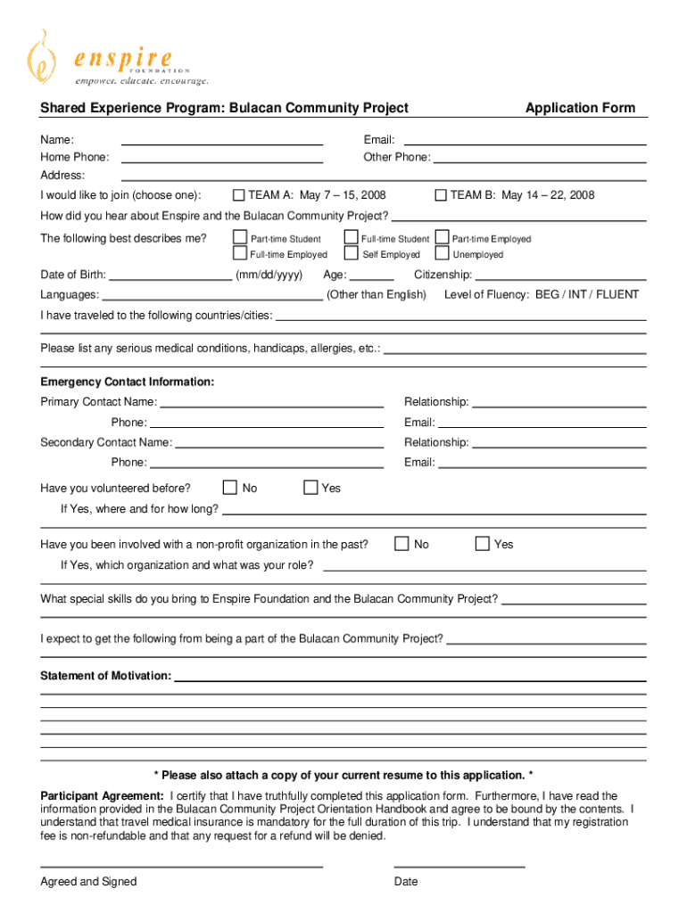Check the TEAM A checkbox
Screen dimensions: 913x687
click(x=239, y=195)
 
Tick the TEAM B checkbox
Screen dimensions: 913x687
click(x=441, y=195)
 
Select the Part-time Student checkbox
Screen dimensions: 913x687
click(x=239, y=238)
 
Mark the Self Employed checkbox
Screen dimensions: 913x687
click(x=351, y=254)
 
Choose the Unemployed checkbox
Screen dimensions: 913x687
click(x=441, y=254)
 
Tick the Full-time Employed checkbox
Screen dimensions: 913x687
click(x=239, y=254)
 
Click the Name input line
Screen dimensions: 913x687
click(x=221, y=143)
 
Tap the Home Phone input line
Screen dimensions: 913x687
click(x=221, y=160)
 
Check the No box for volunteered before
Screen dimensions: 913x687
click(x=229, y=488)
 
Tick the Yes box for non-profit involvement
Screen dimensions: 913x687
click(x=482, y=544)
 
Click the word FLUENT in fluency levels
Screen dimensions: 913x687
click(x=617, y=294)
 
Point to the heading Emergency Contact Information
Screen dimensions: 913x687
click(x=128, y=382)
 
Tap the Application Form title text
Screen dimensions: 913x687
click(x=580, y=108)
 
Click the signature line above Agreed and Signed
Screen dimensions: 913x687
click(x=181, y=866)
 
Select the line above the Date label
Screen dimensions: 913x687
click(x=459, y=866)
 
